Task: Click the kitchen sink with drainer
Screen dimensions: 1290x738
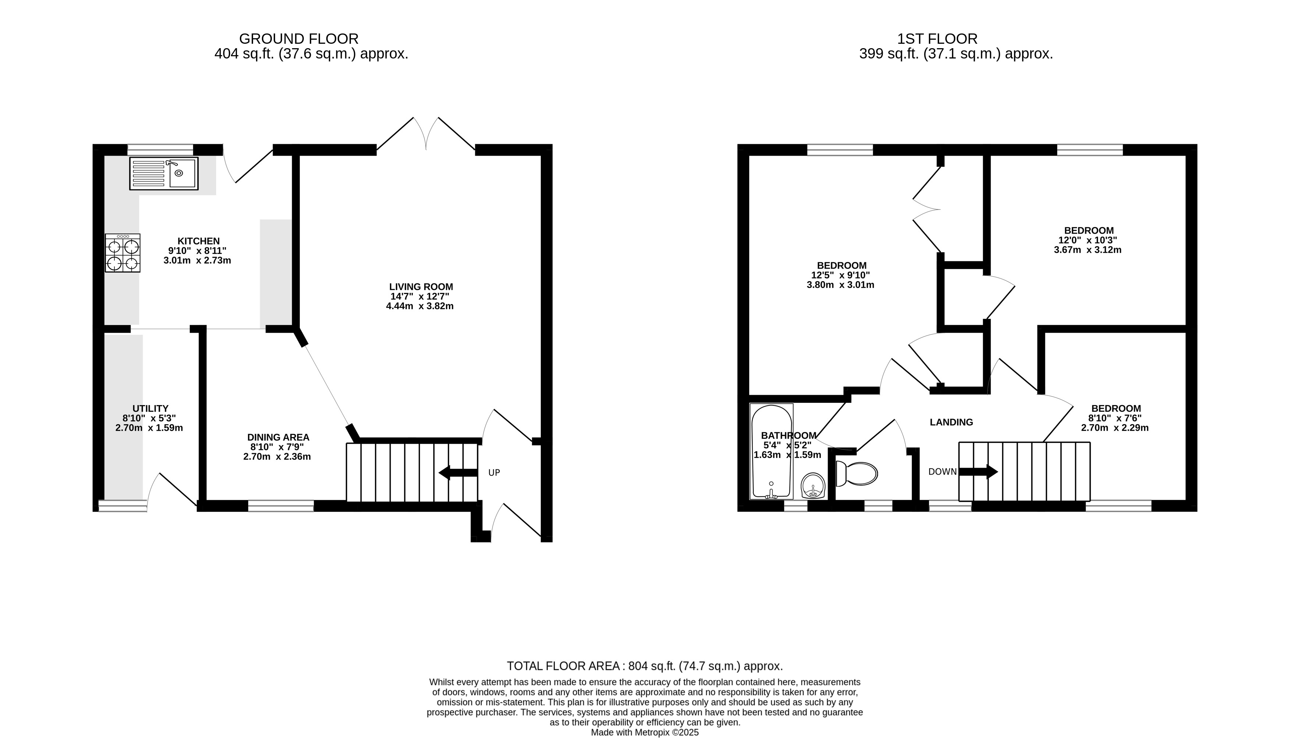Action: pos(164,173)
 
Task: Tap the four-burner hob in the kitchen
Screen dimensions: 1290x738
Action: pos(122,253)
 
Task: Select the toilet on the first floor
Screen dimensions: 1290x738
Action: pos(856,474)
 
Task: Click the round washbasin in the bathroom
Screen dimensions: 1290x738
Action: pos(813,486)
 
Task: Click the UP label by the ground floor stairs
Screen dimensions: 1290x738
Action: pos(494,473)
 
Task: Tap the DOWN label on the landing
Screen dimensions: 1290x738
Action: pos(942,472)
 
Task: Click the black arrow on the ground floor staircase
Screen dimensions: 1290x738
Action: pos(458,473)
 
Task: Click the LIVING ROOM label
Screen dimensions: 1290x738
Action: pos(421,287)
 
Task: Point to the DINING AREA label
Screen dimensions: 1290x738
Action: pos(278,437)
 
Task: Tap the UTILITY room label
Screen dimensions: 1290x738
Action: pos(150,408)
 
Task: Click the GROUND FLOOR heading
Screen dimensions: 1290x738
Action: pos(299,39)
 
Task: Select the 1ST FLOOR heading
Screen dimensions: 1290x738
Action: pos(937,39)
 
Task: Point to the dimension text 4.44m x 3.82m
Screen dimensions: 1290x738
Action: pos(420,306)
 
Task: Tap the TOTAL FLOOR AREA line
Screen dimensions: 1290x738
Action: pos(645,666)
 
